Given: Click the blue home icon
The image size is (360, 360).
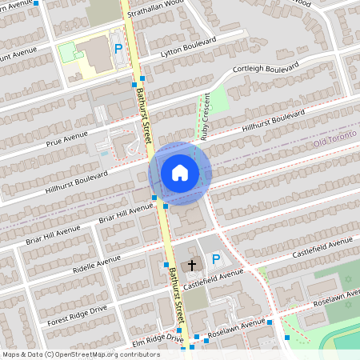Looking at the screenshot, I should (180, 172).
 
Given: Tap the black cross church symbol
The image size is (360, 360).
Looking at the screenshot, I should (192, 263).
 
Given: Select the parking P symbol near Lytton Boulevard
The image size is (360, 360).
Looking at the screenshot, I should (118, 49).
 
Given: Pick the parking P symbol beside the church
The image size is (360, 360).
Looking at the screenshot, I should (215, 258).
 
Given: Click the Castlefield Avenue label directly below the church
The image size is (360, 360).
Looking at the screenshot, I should (213, 278).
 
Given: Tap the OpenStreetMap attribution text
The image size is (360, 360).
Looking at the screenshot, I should (70, 354).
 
